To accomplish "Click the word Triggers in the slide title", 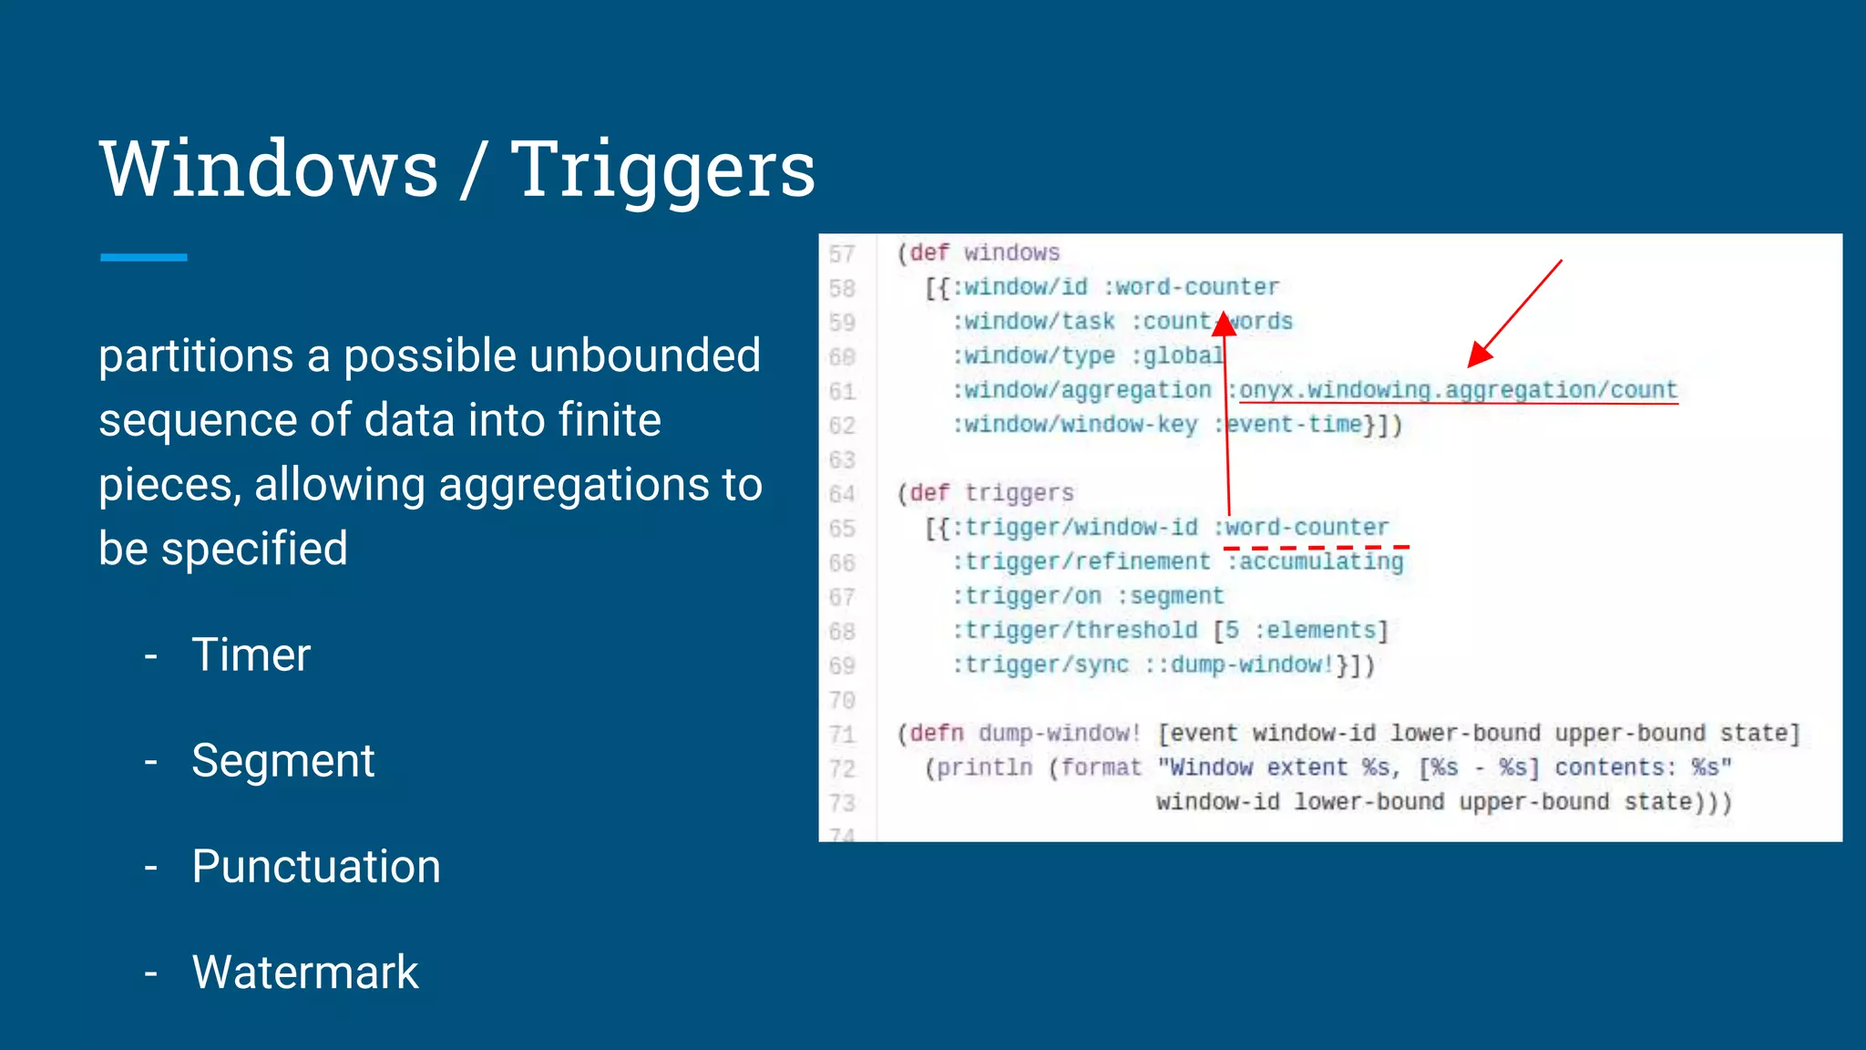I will (662, 170).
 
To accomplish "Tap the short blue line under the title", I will (144, 258).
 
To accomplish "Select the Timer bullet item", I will (251, 654).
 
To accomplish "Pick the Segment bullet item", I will (282, 760).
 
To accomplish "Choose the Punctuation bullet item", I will (315, 866).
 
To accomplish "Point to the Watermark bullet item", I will (304, 972).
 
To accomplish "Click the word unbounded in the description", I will (645, 355).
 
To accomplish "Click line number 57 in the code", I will (842, 253).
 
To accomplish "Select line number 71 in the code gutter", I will (842, 735).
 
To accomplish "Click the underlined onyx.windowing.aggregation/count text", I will (1458, 390).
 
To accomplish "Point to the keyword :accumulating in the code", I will (1316, 562).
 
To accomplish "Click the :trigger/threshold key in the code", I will (1075, 631).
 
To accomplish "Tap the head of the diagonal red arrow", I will (1479, 356).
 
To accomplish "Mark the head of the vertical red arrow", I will (1225, 324).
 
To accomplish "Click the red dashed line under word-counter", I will (1317, 547).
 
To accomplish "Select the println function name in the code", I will (984, 768).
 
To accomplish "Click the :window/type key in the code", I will (1033, 355).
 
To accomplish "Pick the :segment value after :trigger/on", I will (1170, 596).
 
